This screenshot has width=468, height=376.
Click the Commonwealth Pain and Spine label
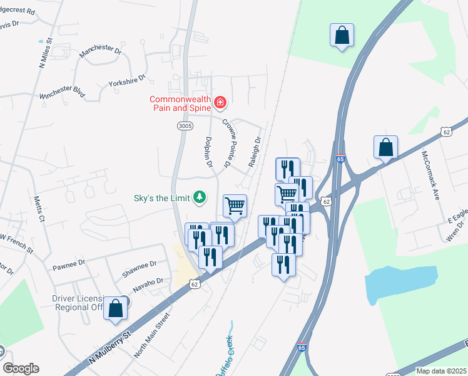click(x=180, y=104)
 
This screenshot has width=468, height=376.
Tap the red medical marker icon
click(x=220, y=102)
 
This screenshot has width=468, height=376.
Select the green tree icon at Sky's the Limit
click(x=200, y=198)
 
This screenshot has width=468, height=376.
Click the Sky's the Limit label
click(x=161, y=198)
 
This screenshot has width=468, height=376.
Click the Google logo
click(x=21, y=368)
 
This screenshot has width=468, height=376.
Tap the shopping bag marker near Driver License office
click(x=115, y=309)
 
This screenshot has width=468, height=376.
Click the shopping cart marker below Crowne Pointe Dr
click(x=235, y=206)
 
